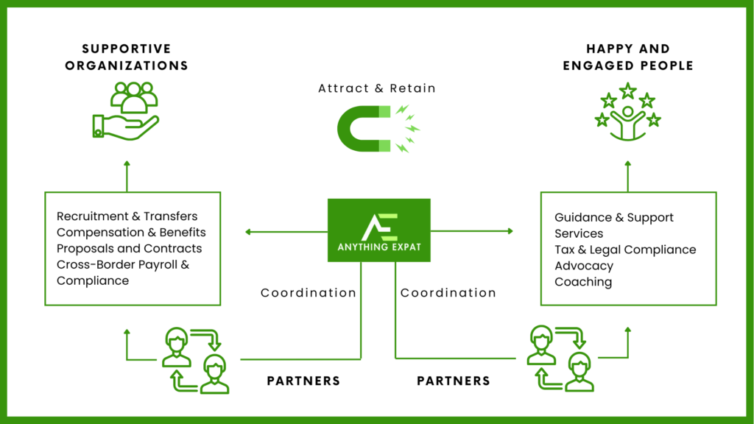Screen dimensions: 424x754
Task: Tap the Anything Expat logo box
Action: click(378, 230)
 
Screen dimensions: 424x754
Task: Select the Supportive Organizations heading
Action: click(126, 57)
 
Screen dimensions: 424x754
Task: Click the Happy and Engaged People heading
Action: click(628, 57)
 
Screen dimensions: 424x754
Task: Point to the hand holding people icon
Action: click(126, 113)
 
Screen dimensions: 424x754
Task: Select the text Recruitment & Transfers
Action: click(127, 216)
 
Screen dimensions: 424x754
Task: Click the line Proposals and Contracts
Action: click(129, 249)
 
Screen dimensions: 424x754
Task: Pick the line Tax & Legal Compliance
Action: click(625, 250)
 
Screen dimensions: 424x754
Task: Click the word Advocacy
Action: click(583, 266)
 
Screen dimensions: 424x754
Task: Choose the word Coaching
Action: click(582, 282)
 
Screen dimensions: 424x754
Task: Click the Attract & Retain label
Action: click(377, 88)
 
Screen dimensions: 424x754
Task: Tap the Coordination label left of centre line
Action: click(309, 293)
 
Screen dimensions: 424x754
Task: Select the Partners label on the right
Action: click(454, 381)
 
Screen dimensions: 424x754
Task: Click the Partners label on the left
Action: click(303, 381)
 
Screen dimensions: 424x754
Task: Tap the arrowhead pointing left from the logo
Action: click(248, 233)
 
